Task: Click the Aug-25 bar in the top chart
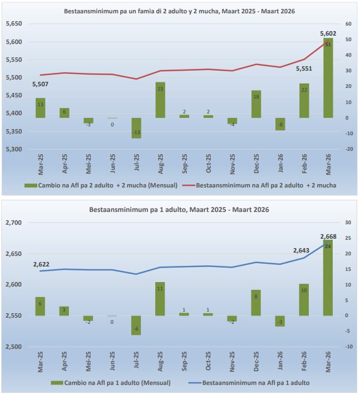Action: (160, 100)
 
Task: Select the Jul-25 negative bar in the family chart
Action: (136, 128)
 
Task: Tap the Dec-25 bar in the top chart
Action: (256, 104)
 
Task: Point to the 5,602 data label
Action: (328, 34)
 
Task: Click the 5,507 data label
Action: (41, 85)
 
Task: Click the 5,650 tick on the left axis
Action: (13, 24)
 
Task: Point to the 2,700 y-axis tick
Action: (13, 223)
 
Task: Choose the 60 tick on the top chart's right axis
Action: (348, 24)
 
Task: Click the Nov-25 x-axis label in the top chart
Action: (232, 165)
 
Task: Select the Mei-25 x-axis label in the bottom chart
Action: (88, 362)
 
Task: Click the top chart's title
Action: (180, 11)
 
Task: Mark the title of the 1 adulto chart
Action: (179, 210)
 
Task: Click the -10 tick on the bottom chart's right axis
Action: (349, 347)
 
